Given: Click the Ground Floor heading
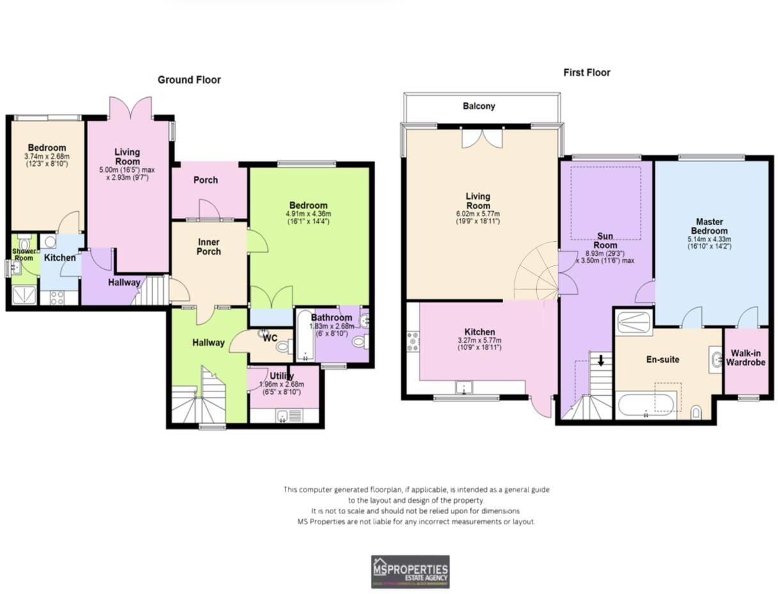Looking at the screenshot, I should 189,80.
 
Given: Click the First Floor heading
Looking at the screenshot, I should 586,73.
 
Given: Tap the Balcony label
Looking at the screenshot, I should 479,106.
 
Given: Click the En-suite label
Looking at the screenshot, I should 662,359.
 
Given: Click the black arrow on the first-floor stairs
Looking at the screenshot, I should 601,360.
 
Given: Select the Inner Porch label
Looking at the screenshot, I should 209,247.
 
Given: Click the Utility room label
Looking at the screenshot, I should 281,377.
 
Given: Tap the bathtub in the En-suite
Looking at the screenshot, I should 645,405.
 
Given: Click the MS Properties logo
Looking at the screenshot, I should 410,571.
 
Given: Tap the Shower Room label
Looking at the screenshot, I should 24,254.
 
